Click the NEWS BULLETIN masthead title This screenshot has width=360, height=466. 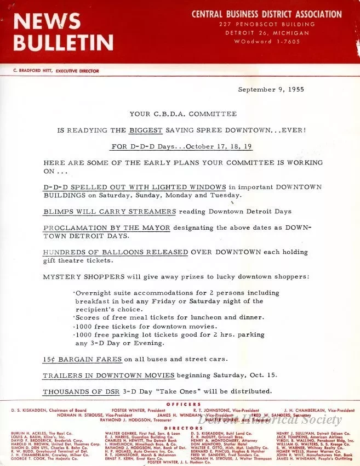63,32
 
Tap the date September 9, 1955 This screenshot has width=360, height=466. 271,89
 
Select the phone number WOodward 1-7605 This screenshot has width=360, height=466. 267,42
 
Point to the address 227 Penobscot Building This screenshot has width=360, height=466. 267,24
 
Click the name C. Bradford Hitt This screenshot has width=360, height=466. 35,71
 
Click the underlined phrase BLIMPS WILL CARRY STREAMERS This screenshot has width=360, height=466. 109,211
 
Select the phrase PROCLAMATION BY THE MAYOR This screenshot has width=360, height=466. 106,228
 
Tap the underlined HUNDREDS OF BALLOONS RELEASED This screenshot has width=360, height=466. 115,252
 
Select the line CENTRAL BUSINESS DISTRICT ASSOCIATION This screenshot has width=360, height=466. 266,14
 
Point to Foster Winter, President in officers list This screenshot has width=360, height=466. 134,410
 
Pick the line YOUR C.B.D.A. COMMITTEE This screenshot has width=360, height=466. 183,114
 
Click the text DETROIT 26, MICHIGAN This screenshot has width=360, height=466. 267,33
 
